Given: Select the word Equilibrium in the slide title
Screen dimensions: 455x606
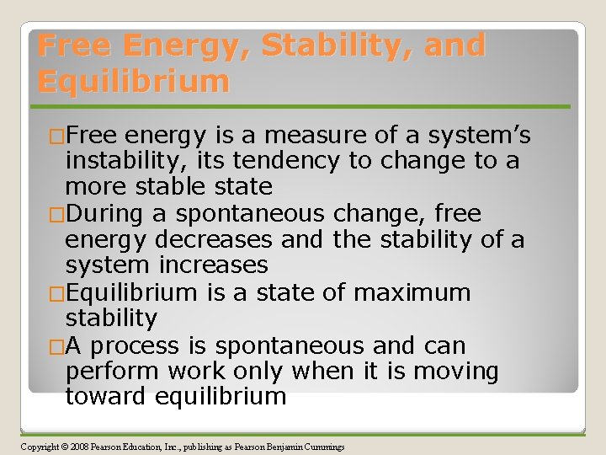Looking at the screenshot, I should point(133,82).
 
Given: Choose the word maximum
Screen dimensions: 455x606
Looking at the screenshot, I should point(412,293).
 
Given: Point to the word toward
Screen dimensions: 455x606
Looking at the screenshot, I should point(106,397).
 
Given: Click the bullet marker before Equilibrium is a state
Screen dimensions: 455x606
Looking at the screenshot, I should point(56,293).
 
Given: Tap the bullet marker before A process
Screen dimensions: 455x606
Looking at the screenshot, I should point(56,346).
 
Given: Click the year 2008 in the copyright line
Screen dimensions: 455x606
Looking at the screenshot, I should point(80,446).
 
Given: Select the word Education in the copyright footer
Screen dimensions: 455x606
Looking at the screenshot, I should point(154,446).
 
